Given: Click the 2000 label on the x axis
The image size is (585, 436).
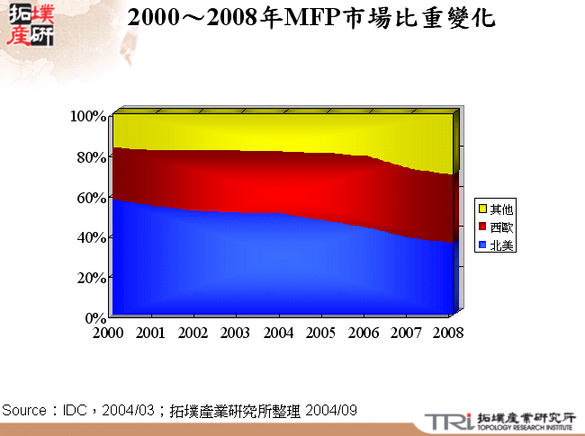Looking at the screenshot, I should tap(108, 333).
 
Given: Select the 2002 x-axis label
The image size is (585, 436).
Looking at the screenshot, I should tap(193, 333).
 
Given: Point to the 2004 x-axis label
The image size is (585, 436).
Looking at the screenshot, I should tap(278, 333).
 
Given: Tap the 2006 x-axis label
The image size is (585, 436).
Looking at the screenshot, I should tap(364, 333).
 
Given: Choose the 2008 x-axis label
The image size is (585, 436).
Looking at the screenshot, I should tap(447, 333).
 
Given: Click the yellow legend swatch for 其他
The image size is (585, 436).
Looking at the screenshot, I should tap(482, 209).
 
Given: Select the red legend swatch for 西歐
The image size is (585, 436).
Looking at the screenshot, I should tap(482, 227).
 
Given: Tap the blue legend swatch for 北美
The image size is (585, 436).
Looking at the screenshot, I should tap(482, 245).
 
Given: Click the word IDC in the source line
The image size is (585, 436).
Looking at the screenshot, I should tap(75, 410).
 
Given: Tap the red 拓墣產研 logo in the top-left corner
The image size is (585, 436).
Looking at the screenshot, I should tap(31, 26).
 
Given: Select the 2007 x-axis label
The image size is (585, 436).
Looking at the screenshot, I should tap(406, 333).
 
